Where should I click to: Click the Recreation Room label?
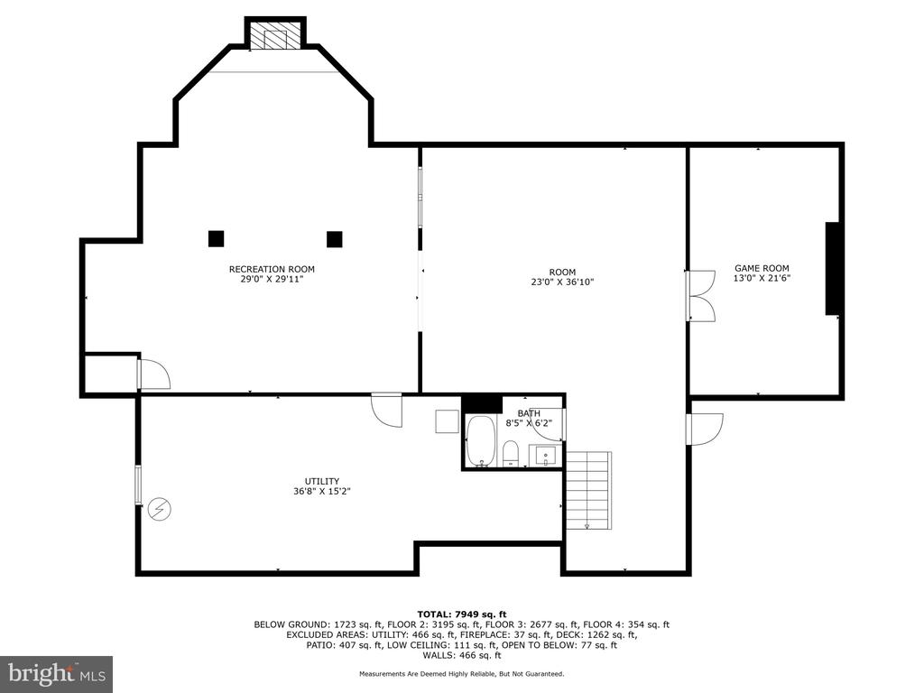coord(272,269)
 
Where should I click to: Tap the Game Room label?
coord(762,268)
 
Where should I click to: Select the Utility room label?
coord(322,482)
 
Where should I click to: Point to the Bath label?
coord(529,413)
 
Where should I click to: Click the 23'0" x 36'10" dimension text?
coord(562,282)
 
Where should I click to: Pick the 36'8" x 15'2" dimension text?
coord(322,492)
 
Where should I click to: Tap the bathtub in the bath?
coord(481,440)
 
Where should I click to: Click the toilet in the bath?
coord(511,453)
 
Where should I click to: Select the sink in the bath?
coord(546,456)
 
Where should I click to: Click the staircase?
coord(588,490)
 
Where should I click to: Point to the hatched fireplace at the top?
coord(275,36)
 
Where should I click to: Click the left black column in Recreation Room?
coord(217,238)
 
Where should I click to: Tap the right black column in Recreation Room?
coord(335,239)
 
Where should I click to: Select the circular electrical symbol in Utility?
coord(159,509)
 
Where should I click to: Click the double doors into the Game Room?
coord(700,296)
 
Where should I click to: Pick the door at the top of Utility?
coord(386,411)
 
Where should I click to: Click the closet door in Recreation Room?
coord(153,374)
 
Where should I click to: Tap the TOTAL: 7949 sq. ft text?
coord(462,614)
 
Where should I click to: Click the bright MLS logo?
coord(57,674)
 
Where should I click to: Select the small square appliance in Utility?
coord(448,422)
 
